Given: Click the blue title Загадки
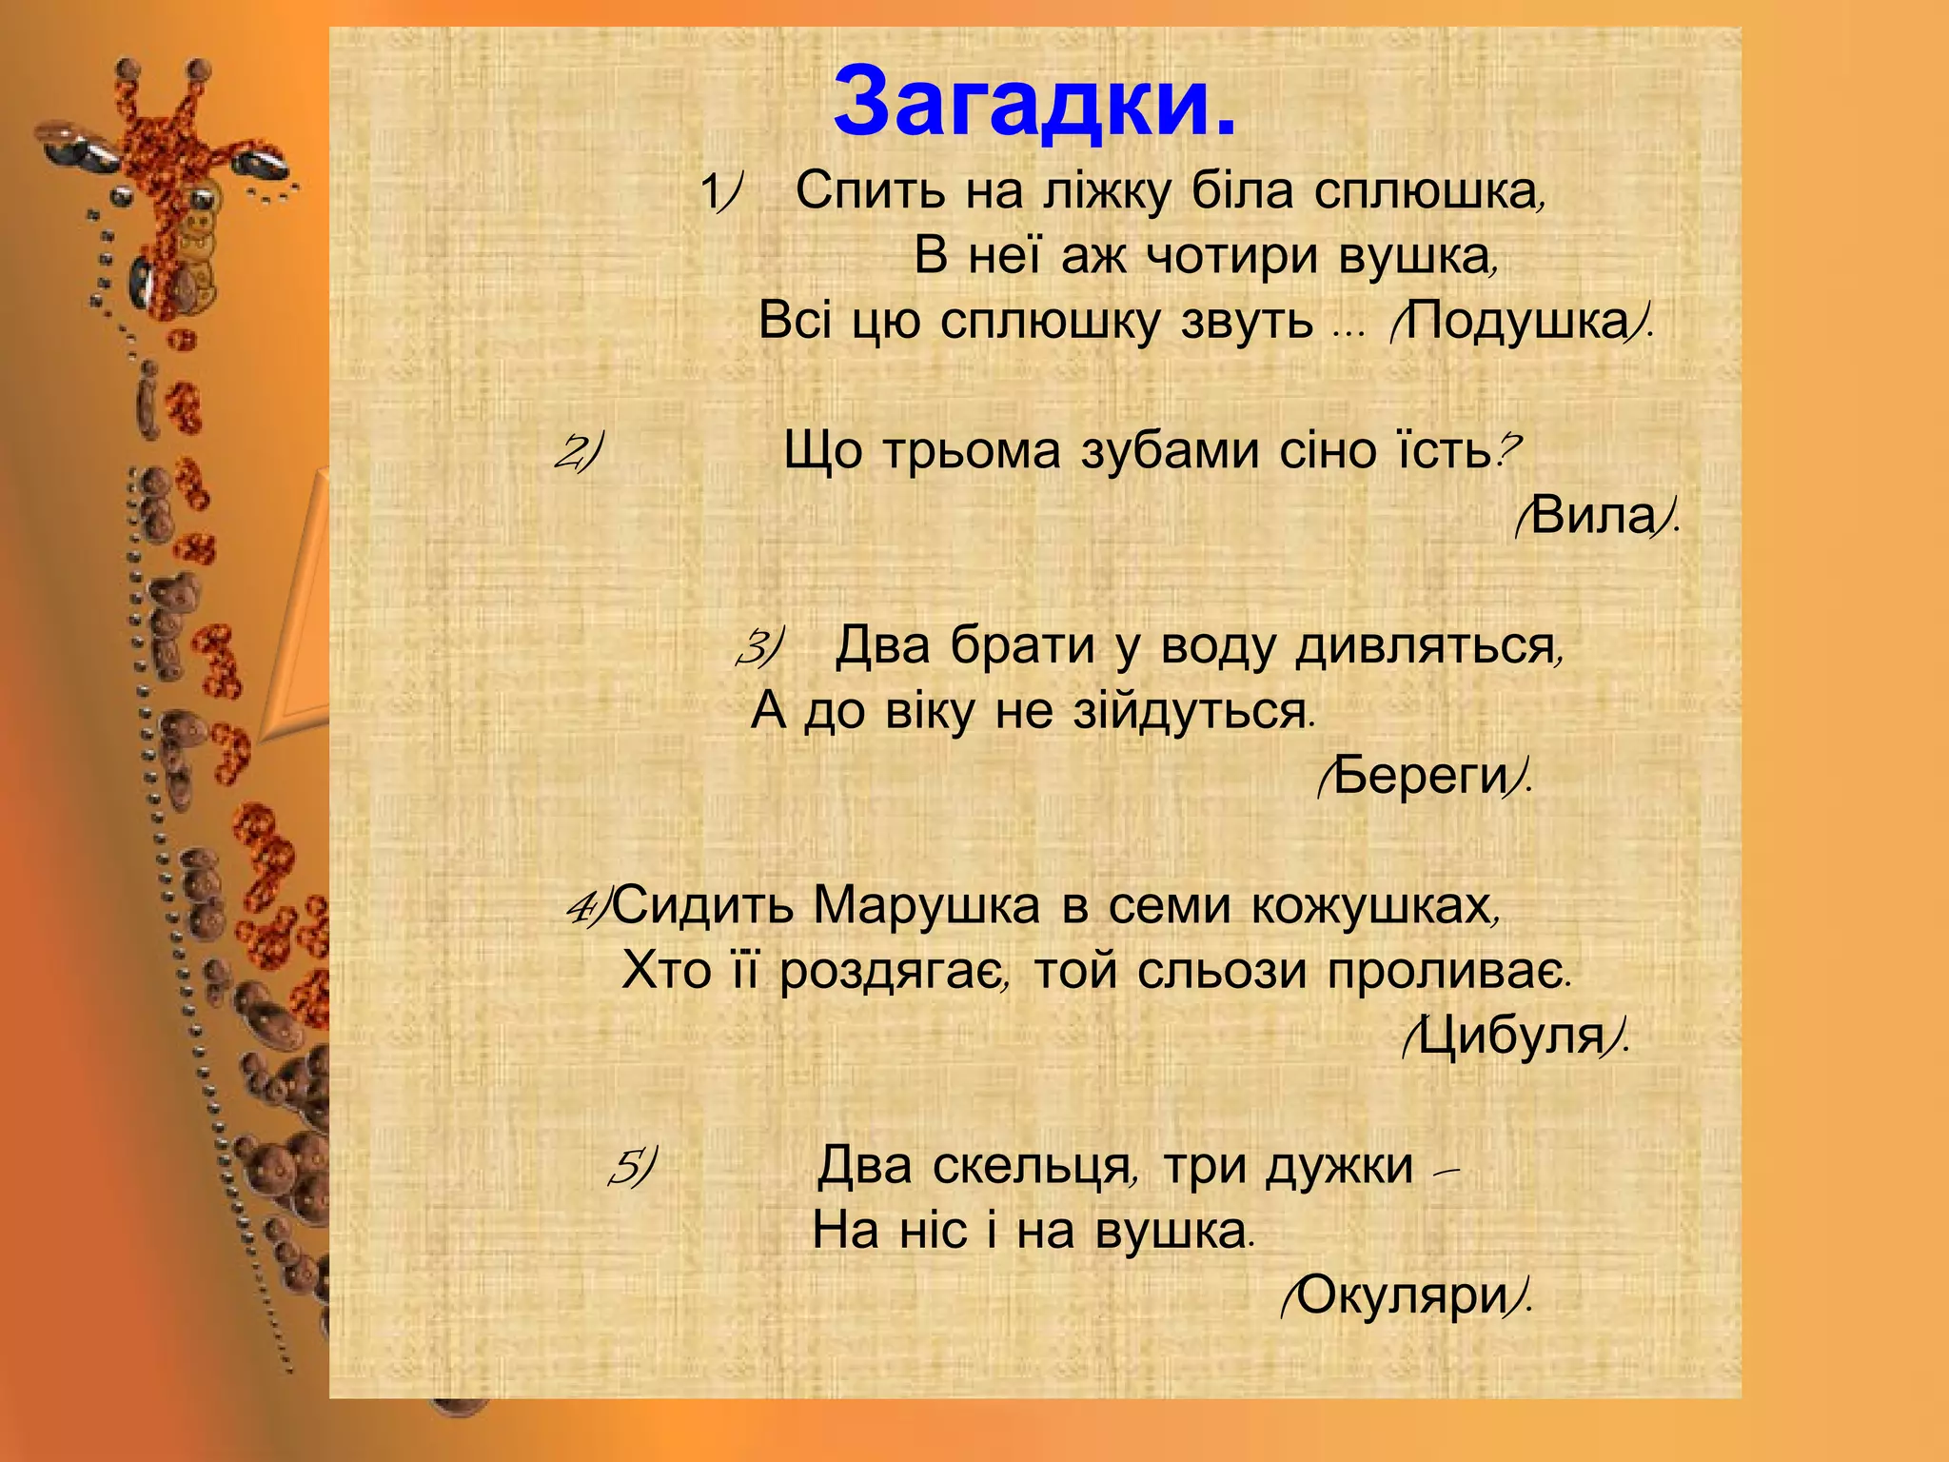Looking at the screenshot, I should (x=1034, y=103).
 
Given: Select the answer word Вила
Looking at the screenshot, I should (x=1595, y=516).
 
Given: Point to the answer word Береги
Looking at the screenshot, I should (x=1421, y=777).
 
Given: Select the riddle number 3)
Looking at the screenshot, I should (x=758, y=648).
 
